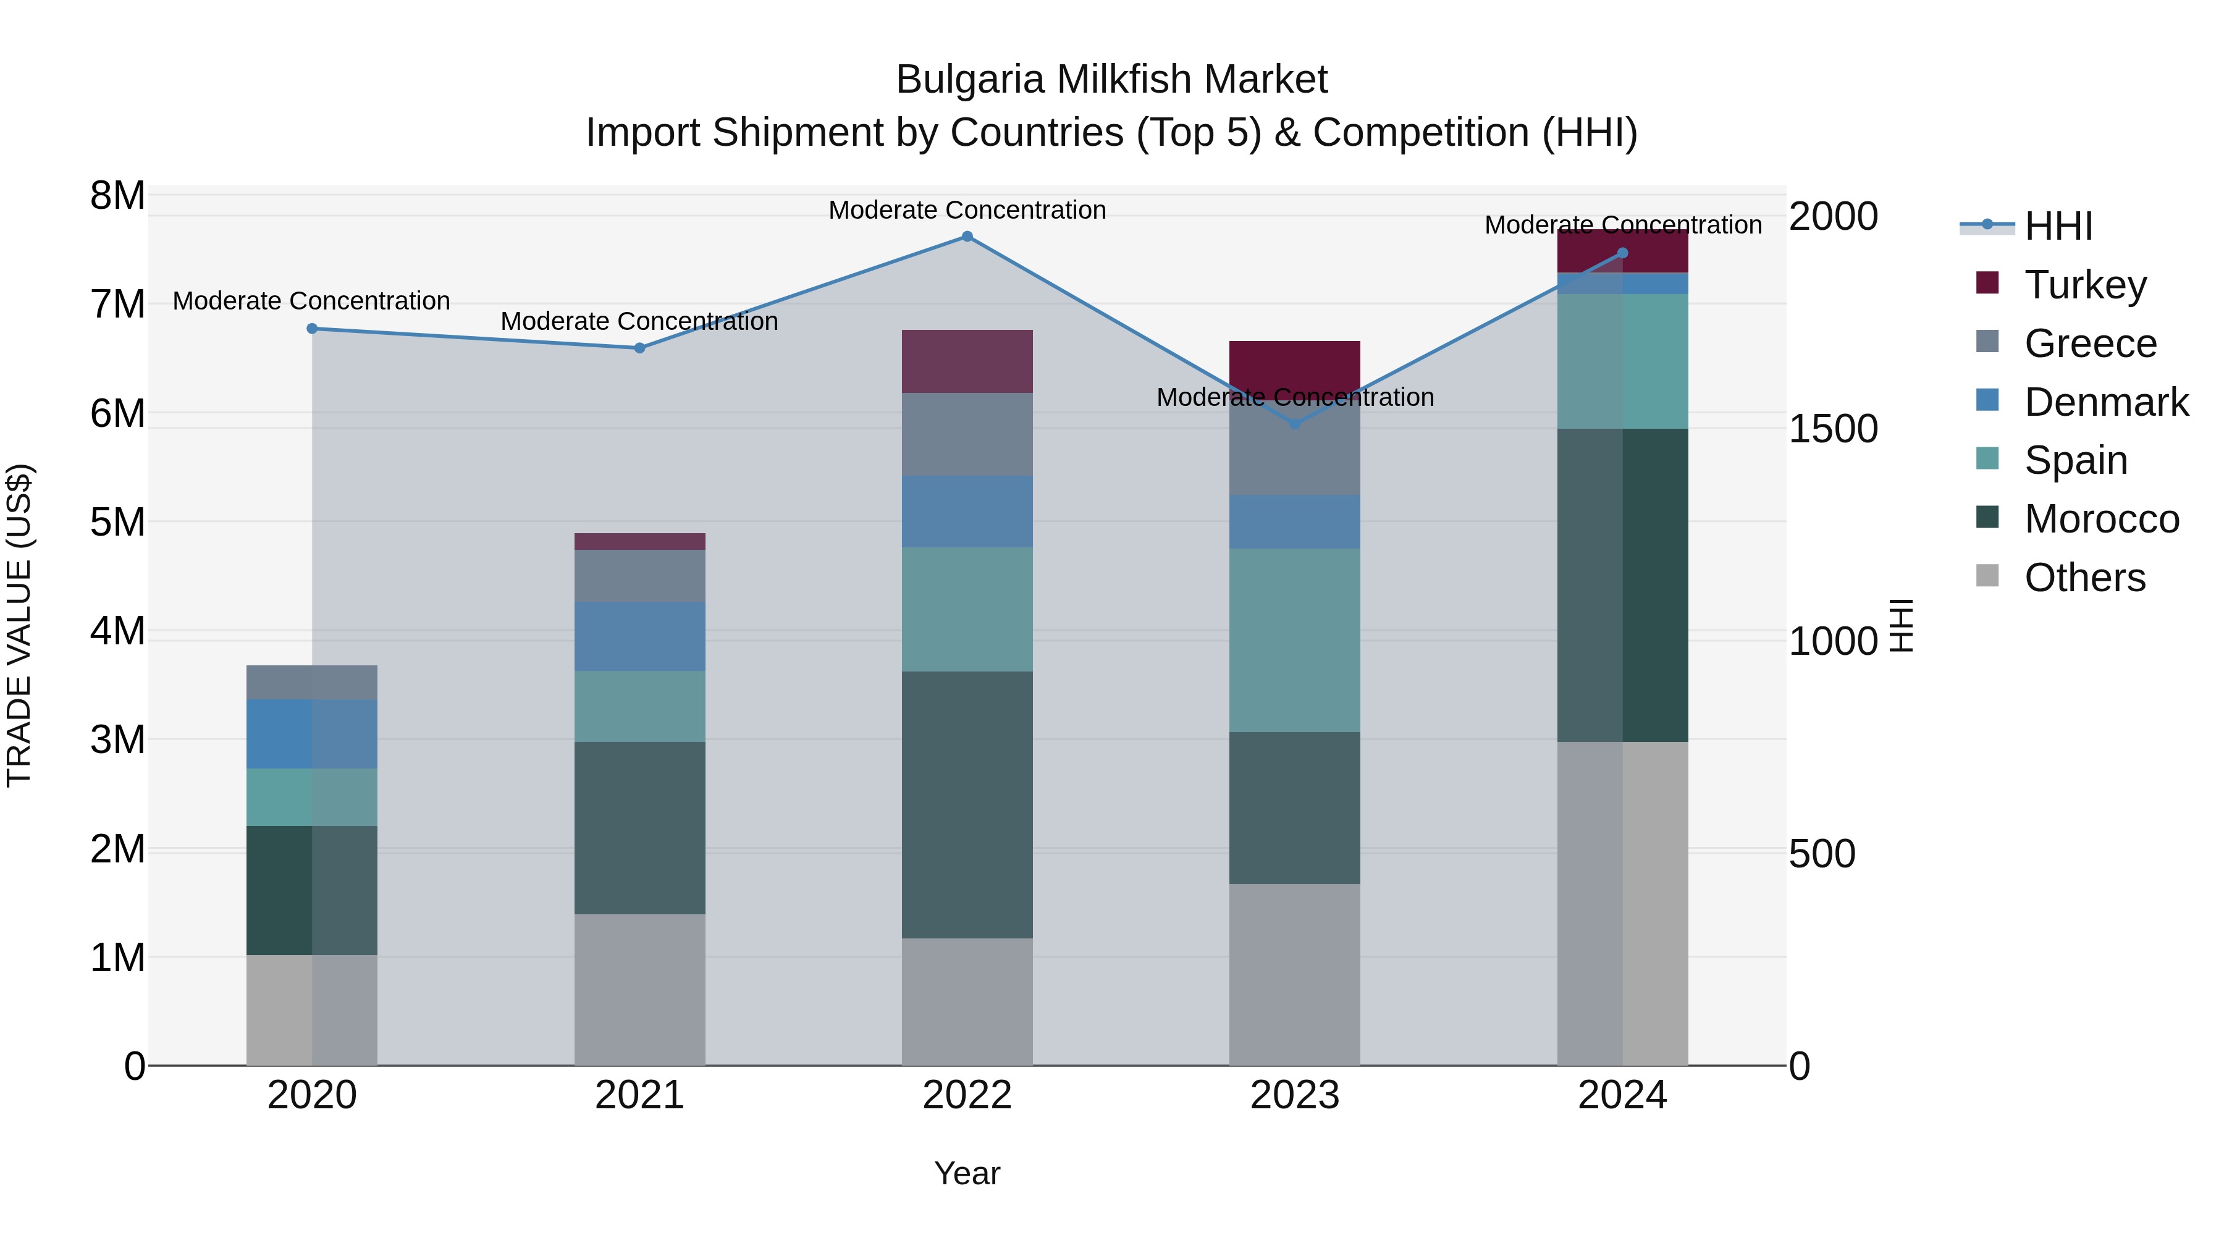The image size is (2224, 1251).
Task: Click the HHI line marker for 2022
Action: click(967, 237)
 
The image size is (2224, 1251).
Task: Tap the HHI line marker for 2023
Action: click(1294, 424)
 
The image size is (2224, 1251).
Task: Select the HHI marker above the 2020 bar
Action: click(313, 329)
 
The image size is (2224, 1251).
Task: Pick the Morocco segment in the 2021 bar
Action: click(640, 827)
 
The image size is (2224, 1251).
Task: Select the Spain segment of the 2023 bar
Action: click(1294, 640)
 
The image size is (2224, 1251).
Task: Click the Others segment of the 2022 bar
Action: click(967, 1001)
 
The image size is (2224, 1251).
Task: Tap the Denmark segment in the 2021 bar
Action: click(640, 636)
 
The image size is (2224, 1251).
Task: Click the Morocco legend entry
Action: click(2100, 519)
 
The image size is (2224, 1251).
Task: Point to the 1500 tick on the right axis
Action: click(1832, 429)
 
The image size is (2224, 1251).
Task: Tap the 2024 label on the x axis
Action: click(1622, 1095)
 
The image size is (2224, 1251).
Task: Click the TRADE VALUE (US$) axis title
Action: click(20, 625)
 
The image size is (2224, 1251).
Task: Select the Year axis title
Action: click(967, 1173)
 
